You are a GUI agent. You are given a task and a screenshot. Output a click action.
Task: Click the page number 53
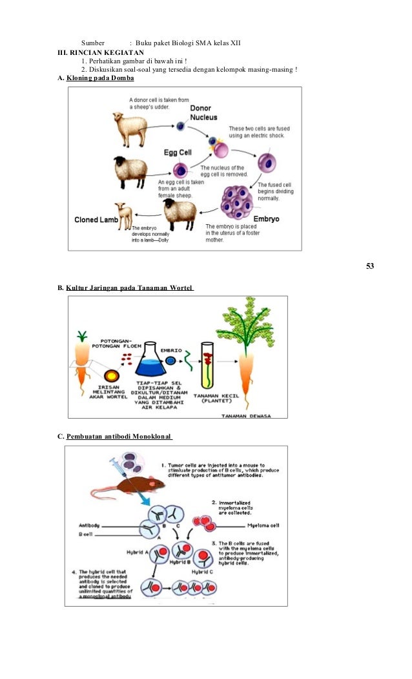[x=370, y=266]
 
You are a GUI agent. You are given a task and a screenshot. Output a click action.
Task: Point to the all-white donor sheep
[x=130, y=128]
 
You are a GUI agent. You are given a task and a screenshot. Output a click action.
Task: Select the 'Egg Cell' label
[x=175, y=153]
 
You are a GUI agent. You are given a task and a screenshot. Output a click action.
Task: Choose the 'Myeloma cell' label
[x=264, y=525]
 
